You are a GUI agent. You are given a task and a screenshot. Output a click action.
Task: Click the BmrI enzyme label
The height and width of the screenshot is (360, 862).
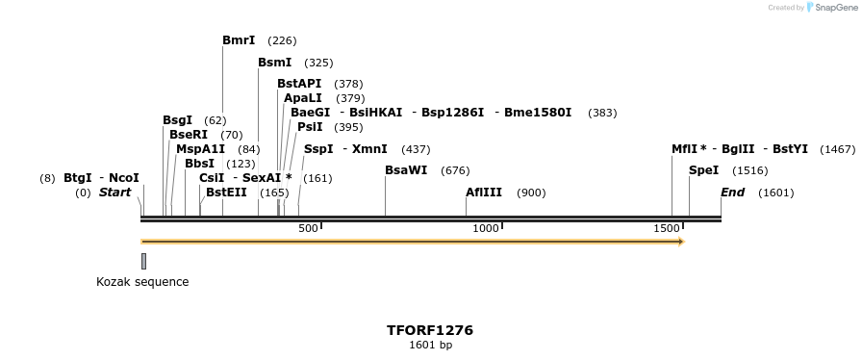(x=239, y=40)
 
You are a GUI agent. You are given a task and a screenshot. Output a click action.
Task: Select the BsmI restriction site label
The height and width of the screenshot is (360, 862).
(x=274, y=63)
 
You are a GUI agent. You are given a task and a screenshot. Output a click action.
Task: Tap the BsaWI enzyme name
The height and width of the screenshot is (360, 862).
(x=406, y=170)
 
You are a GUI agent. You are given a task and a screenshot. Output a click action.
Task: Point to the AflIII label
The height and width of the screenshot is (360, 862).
(x=484, y=193)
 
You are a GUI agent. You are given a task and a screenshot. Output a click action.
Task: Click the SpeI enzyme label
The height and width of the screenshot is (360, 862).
(x=703, y=170)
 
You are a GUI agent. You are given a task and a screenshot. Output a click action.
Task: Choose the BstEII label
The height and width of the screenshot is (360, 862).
(x=226, y=193)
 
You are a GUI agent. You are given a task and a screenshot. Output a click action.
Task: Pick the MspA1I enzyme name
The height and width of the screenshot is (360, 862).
(x=200, y=149)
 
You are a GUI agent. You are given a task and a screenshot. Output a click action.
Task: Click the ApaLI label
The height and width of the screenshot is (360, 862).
(x=303, y=98)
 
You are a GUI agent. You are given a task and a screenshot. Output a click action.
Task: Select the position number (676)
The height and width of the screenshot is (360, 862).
(x=455, y=171)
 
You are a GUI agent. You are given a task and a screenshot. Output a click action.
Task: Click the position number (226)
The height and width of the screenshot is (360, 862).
(x=282, y=41)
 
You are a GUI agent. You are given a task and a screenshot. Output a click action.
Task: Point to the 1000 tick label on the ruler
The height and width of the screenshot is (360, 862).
(x=486, y=228)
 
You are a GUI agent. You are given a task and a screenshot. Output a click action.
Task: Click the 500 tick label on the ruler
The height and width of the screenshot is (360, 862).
(x=308, y=228)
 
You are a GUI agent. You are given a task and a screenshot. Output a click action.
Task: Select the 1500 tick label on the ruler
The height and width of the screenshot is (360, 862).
(x=667, y=228)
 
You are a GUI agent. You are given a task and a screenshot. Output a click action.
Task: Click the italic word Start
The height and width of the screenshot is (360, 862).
(x=114, y=193)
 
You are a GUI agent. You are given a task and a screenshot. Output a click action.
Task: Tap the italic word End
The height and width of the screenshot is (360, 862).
(x=732, y=193)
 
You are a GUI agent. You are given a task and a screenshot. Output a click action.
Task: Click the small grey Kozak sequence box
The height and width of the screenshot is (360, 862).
(x=143, y=261)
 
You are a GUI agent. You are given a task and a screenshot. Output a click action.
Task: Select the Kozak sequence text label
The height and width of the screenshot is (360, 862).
(x=142, y=282)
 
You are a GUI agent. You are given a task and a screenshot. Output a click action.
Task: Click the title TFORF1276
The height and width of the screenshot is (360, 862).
(x=430, y=330)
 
